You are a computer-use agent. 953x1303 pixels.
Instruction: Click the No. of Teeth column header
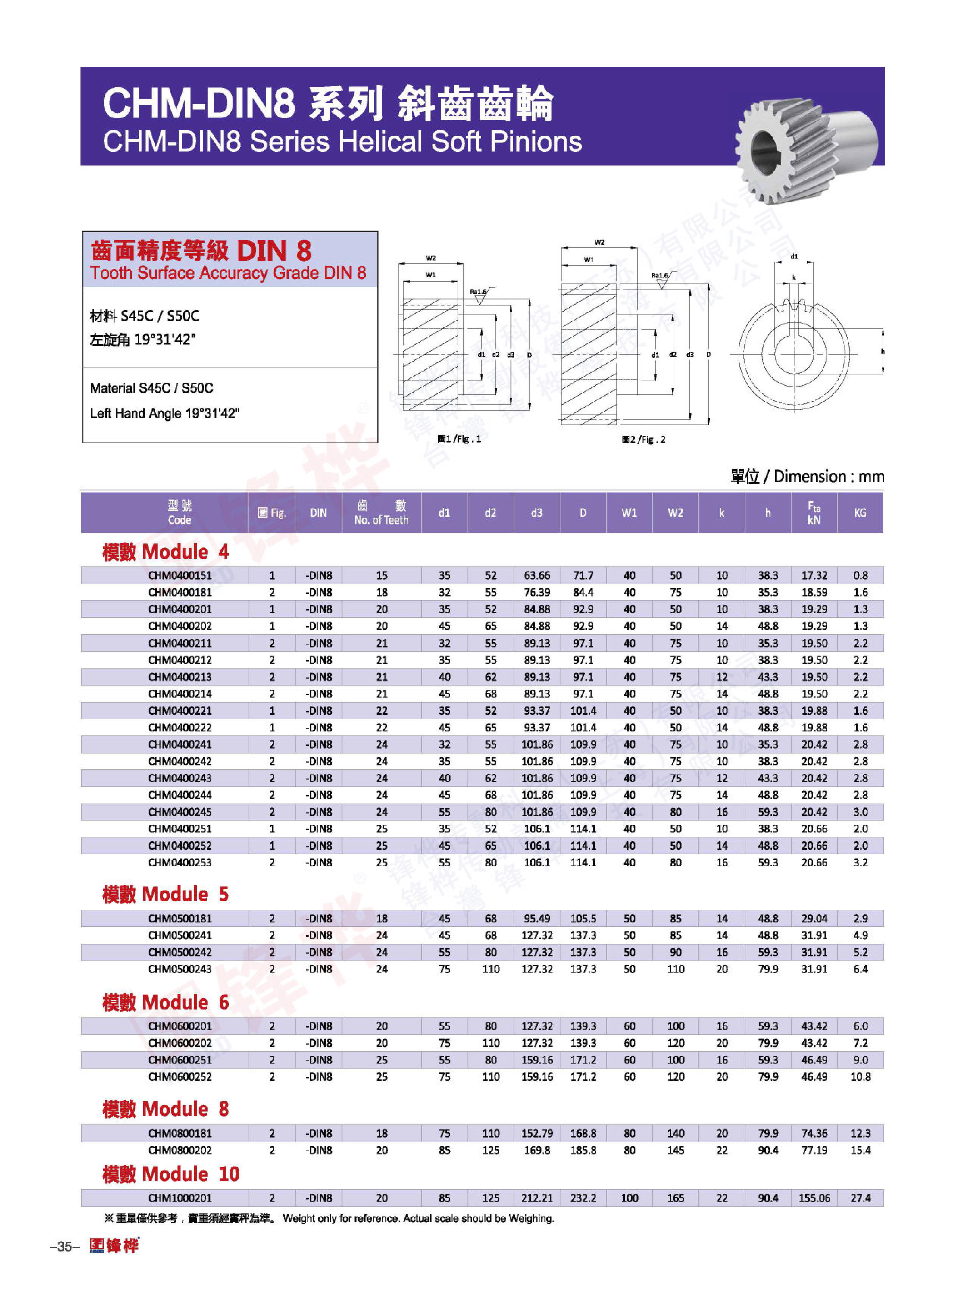(381, 513)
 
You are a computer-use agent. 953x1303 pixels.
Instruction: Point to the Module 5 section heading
(166, 894)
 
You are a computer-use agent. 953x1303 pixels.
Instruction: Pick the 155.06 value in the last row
(814, 1198)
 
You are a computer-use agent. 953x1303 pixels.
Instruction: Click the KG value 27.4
(860, 1198)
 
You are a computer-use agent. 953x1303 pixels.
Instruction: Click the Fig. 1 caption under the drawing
(459, 439)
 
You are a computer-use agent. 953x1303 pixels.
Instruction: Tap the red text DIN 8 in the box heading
(274, 251)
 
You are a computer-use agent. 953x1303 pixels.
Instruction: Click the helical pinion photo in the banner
(805, 147)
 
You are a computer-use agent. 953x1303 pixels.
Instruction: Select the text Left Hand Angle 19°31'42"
(164, 413)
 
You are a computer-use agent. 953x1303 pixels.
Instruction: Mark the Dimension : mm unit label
(828, 477)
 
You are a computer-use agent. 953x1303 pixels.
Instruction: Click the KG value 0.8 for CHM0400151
(860, 576)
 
